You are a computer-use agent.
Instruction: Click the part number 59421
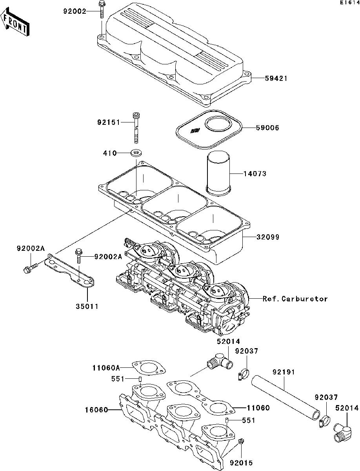(276, 78)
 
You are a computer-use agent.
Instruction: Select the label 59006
(269, 128)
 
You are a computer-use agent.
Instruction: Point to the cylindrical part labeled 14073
(218, 173)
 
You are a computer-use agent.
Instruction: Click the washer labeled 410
(136, 152)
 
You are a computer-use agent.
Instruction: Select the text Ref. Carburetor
(295, 299)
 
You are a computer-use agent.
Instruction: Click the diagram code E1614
(349, 3)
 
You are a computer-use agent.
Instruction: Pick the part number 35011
(87, 306)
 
